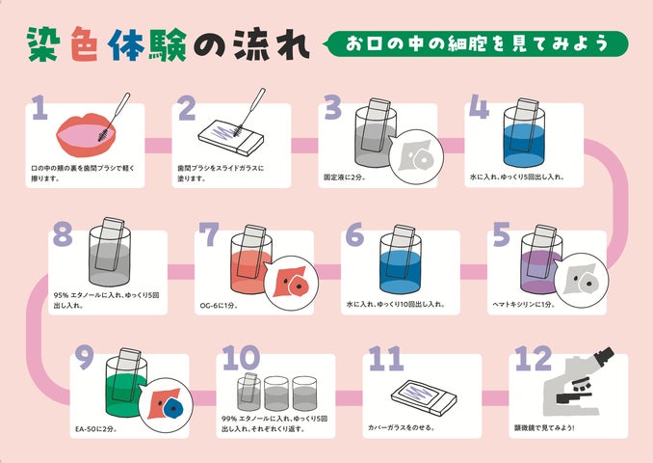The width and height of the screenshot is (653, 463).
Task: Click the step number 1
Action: pyautogui.click(x=39, y=107)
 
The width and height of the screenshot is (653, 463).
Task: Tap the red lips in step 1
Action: pyautogui.click(x=86, y=134)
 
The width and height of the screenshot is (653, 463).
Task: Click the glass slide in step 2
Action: pyautogui.click(x=231, y=137)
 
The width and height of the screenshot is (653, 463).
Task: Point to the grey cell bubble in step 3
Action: pyautogui.click(x=417, y=156)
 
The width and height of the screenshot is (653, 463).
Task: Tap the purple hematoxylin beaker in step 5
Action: pyautogui.click(x=540, y=259)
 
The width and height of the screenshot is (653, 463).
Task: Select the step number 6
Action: pyautogui.click(x=354, y=234)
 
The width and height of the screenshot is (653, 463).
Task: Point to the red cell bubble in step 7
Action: pyautogui.click(x=292, y=284)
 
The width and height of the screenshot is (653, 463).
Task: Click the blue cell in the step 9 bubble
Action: pyautogui.click(x=172, y=407)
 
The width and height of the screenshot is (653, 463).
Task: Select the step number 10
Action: pyautogui.click(x=241, y=358)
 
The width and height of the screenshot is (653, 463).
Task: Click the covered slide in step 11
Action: pyautogui.click(x=424, y=397)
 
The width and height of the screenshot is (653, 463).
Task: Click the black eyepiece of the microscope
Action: pyautogui.click(x=604, y=357)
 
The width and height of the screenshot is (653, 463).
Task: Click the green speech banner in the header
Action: pyautogui.click(x=476, y=43)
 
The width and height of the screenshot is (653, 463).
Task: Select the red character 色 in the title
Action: pyautogui.click(x=85, y=44)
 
